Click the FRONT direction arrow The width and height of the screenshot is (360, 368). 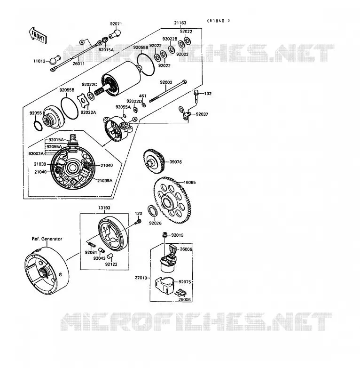pos(38,36)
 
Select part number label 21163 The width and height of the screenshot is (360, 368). pos(180,23)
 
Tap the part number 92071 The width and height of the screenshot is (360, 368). pos(116,24)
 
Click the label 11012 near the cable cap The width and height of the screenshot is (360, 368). pos(39,61)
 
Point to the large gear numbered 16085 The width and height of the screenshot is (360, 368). pos(172,200)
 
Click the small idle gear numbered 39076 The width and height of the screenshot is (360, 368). pos(154,161)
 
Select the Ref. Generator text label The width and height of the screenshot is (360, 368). pos(47,239)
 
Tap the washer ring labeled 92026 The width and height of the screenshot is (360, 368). pos(153,211)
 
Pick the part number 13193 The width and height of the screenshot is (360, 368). pos(104,208)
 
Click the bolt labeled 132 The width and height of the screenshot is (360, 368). pos(196,96)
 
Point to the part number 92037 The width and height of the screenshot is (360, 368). pos(202,114)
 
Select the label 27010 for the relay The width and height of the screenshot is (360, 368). pos(141,278)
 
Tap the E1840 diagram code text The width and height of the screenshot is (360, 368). pos(219,21)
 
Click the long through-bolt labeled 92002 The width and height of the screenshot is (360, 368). pos(168,90)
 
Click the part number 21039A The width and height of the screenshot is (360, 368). pos(105,181)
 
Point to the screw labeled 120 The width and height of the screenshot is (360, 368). pos(139,221)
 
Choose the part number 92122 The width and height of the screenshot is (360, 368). pos(111,264)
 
